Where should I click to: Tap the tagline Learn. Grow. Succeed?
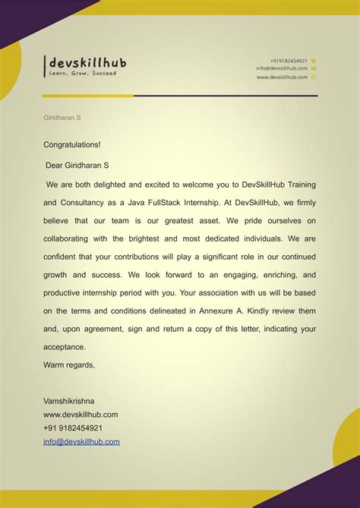click(82, 74)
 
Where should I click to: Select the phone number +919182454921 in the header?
click(289, 60)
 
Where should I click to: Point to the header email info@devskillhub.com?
click(282, 68)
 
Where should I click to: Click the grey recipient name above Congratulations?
click(62, 118)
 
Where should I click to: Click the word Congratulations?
click(71, 144)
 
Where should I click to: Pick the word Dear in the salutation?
click(57, 164)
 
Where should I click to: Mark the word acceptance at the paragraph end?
click(65, 347)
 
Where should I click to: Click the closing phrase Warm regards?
click(69, 364)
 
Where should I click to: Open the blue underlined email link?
click(81, 441)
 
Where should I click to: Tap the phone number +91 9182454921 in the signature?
click(73, 428)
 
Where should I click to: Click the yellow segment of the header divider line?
click(87, 96)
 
